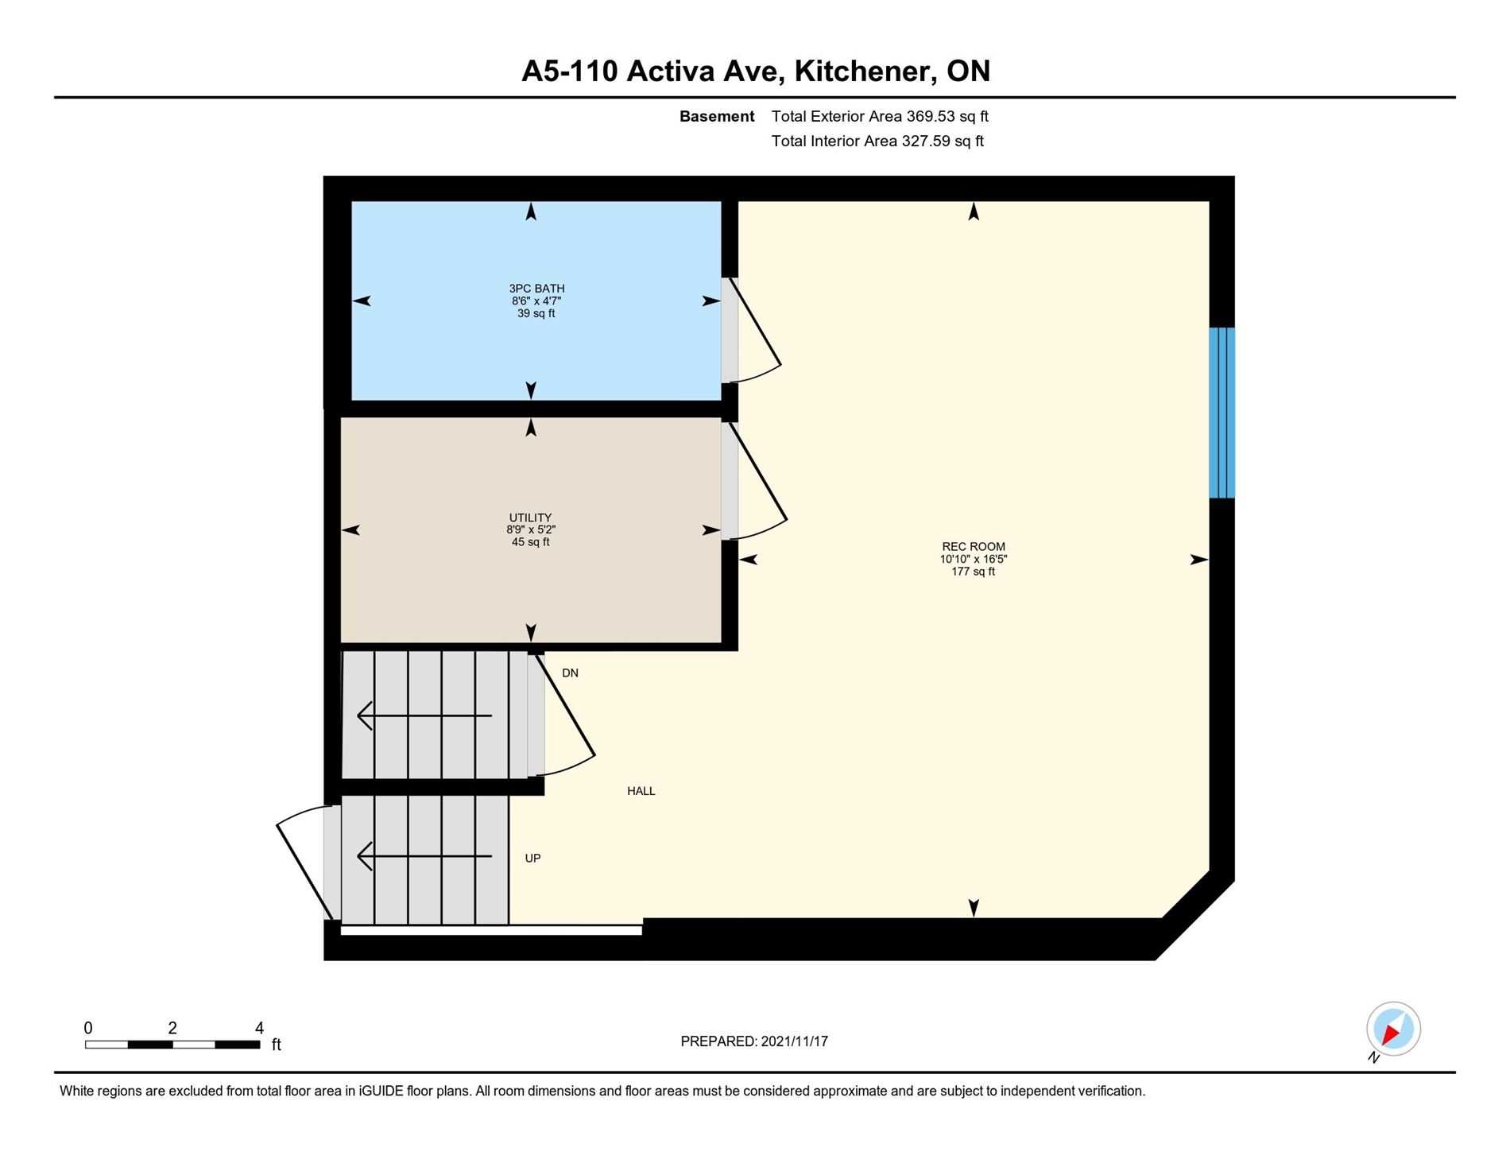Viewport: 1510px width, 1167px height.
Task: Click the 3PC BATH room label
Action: [536, 289]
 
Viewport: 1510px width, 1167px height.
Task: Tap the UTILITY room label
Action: [530, 518]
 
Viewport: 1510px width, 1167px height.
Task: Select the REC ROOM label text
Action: [974, 546]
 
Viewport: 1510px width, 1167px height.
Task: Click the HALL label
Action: [641, 791]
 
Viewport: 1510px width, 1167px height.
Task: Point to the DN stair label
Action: [570, 673]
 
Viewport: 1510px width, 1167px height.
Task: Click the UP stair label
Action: [532, 859]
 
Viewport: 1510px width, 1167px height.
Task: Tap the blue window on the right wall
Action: [1222, 413]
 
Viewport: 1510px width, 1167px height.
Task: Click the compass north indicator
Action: [1393, 1029]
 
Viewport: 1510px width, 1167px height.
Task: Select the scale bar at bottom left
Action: [172, 1044]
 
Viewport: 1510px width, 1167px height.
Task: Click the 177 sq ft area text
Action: [974, 572]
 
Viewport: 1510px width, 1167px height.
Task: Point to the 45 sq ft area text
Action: [530, 542]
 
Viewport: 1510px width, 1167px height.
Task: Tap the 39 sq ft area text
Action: [536, 313]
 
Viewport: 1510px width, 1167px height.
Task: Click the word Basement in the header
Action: [717, 116]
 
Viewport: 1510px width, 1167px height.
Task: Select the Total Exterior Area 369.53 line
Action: [880, 116]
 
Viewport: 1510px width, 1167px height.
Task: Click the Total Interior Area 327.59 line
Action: [877, 141]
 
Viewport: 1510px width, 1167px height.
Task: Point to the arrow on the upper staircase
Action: [424, 715]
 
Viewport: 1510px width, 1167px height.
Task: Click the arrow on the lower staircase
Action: [424, 856]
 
